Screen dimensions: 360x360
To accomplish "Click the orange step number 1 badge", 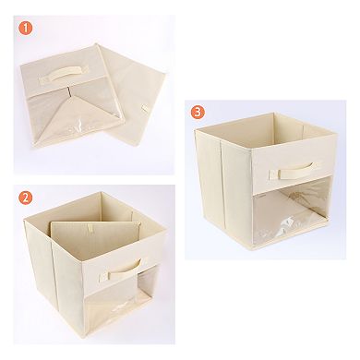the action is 26,28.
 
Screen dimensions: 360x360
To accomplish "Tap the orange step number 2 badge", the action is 26,198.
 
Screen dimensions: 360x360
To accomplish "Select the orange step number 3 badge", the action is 198,113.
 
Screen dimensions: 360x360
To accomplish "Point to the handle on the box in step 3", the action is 293,172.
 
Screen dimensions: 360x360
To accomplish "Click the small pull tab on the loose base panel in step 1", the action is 144,108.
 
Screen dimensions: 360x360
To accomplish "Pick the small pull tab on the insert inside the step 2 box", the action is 90,228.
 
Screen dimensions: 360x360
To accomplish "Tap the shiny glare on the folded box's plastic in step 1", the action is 80,126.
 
